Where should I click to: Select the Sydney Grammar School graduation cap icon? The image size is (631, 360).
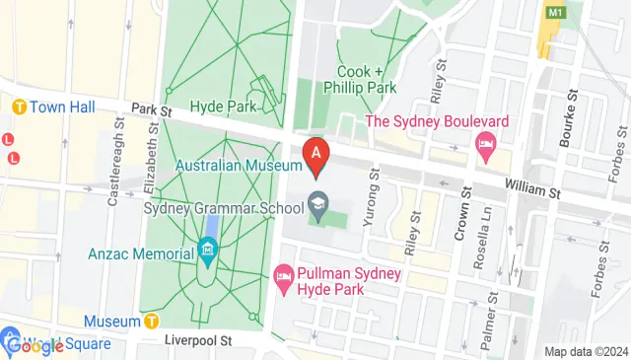coord(317,205)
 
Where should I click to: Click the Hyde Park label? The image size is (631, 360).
coord(223,106)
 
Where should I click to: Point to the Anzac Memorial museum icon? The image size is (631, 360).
coord(207,253)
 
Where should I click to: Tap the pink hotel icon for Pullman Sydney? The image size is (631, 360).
coord(284,272)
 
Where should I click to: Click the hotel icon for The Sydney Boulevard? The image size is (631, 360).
coord(485,146)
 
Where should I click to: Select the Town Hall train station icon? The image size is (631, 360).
coord(18,106)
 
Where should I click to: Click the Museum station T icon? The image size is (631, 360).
coord(151,321)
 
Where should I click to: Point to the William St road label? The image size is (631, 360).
coord(530,184)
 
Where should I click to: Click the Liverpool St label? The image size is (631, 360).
coord(197,340)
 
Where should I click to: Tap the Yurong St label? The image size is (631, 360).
coord(372,201)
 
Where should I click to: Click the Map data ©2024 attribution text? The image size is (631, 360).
coord(587,352)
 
